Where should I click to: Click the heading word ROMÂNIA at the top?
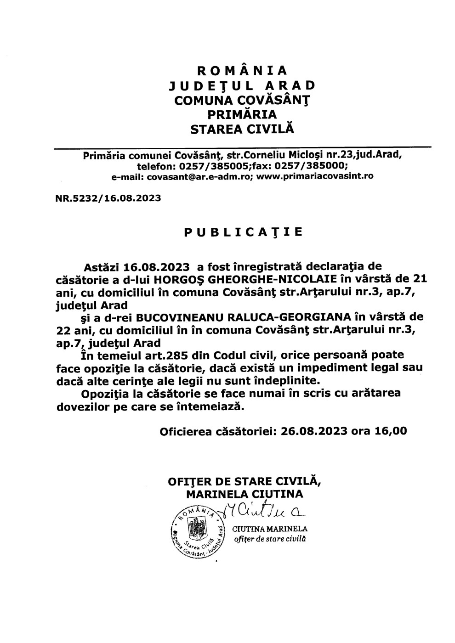tap(242, 71)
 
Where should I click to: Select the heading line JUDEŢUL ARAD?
tap(242, 86)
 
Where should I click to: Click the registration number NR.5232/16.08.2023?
tap(108, 198)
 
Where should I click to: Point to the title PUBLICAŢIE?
tap(243, 232)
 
